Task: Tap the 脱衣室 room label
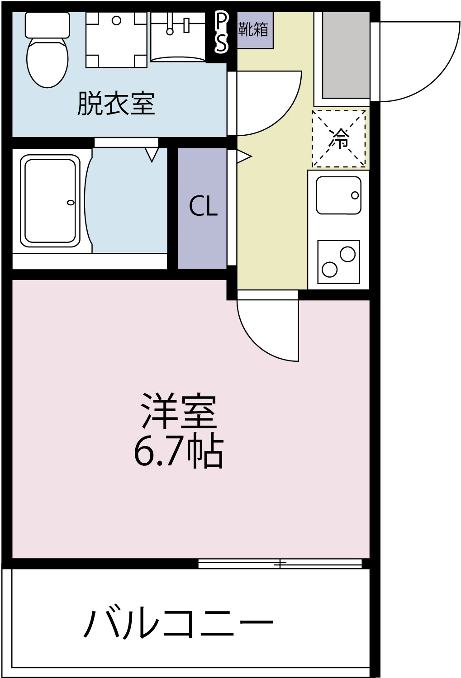click(116, 104)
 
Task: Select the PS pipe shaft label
click(221, 32)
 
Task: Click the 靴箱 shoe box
click(254, 30)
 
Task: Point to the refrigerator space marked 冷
click(339, 138)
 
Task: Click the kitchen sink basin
click(338, 195)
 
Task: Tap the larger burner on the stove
click(347, 254)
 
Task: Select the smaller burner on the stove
click(329, 270)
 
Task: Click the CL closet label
click(203, 207)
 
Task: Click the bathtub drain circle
click(70, 202)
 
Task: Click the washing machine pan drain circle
click(116, 20)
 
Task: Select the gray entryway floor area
click(346, 54)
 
